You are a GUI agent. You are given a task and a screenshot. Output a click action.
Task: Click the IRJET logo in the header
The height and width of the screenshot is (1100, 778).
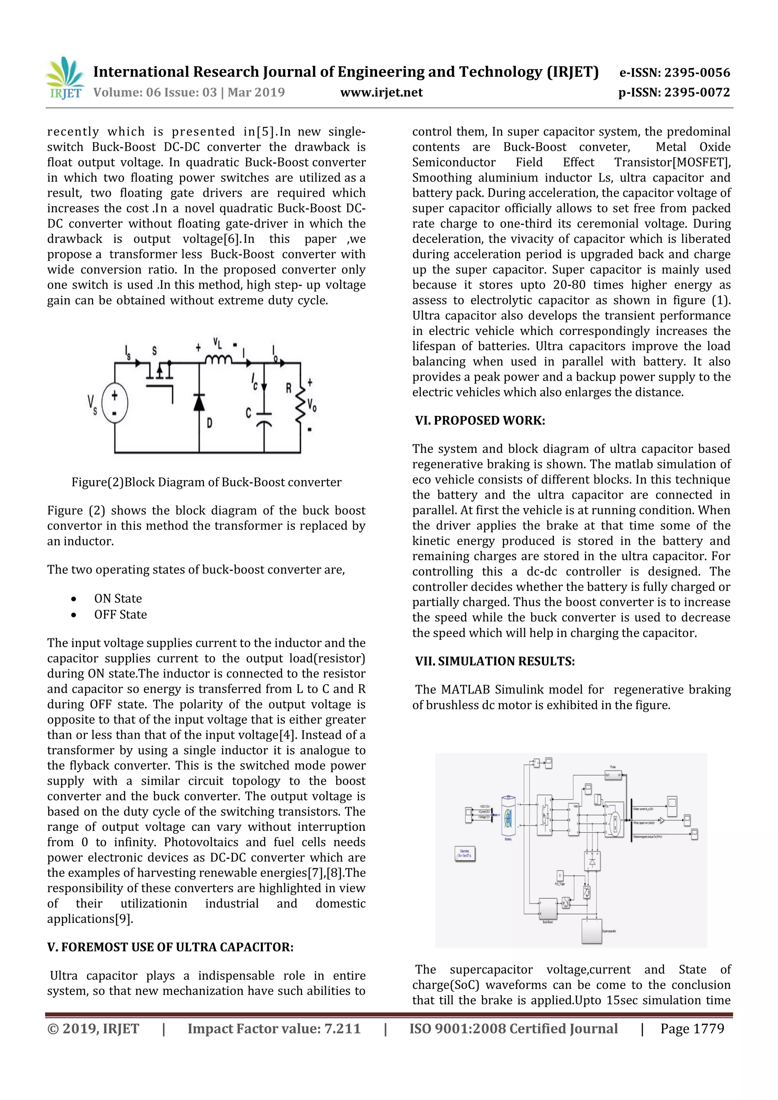64,78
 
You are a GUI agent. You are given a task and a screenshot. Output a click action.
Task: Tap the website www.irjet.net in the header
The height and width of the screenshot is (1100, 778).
381,92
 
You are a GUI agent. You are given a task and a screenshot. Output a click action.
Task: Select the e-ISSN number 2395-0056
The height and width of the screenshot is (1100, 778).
675,73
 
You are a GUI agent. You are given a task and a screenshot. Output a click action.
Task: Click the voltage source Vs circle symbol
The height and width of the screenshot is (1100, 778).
114,403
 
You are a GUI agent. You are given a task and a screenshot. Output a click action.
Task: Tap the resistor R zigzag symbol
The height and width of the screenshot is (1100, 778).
300,405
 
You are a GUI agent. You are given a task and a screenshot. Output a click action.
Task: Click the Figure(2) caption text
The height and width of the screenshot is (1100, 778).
207,482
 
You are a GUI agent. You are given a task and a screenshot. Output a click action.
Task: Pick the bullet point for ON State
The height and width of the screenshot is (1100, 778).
73,599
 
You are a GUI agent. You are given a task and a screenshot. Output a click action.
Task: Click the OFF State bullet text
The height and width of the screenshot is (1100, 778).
120,615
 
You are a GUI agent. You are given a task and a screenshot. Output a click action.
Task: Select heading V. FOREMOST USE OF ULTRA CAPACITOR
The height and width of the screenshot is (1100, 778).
170,947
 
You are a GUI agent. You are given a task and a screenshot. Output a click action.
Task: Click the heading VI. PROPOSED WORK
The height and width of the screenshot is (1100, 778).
480,420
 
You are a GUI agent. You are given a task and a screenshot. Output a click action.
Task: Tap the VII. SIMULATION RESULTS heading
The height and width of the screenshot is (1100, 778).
495,661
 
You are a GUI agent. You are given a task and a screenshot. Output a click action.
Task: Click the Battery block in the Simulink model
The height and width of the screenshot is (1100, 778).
508,817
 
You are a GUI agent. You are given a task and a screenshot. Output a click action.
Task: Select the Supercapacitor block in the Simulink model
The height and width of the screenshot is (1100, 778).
592,931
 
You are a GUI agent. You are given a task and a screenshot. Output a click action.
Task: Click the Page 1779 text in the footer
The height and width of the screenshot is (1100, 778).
692,1029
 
